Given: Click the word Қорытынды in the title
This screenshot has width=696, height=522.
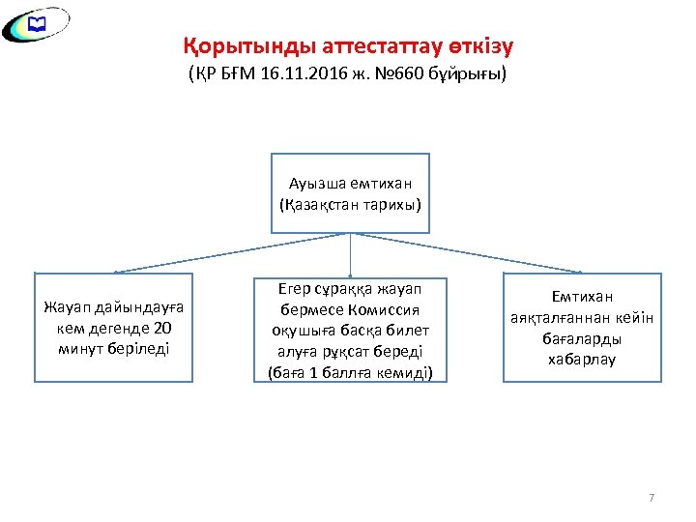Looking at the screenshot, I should click(229, 46).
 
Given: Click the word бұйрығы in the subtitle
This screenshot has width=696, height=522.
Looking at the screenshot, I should click(476, 74).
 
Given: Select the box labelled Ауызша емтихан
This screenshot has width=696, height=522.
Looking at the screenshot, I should click(350, 192).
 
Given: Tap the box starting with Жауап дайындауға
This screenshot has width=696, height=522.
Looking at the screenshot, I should click(114, 327).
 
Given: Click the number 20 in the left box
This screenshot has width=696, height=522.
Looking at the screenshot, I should click(163, 328).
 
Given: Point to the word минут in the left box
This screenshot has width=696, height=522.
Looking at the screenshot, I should click(80, 347).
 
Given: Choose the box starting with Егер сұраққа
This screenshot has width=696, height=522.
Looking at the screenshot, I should click(350, 330).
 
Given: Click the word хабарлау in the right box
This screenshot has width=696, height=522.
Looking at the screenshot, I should click(582, 360).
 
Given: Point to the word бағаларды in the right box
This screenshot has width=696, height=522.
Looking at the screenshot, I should click(582, 338).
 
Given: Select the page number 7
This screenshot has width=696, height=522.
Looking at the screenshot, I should click(652, 498).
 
